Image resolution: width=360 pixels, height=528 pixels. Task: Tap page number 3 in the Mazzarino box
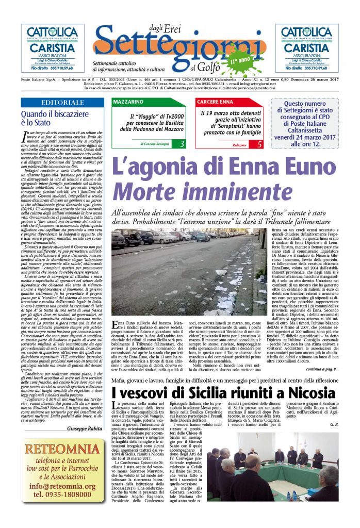(182, 144)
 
